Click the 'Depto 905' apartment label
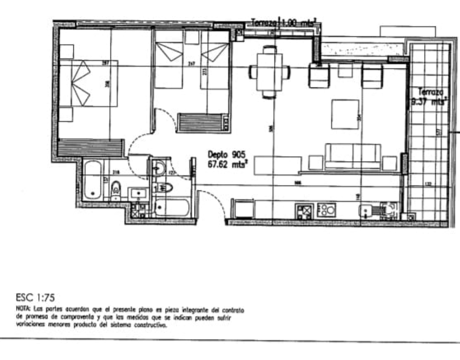tap(226, 155)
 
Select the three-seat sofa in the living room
tap(353, 156)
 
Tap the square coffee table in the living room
tap(345, 114)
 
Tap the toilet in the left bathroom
tap(115, 189)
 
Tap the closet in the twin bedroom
tap(204, 123)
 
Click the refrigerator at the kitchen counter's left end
tap(244, 209)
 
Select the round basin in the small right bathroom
tap(158, 167)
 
